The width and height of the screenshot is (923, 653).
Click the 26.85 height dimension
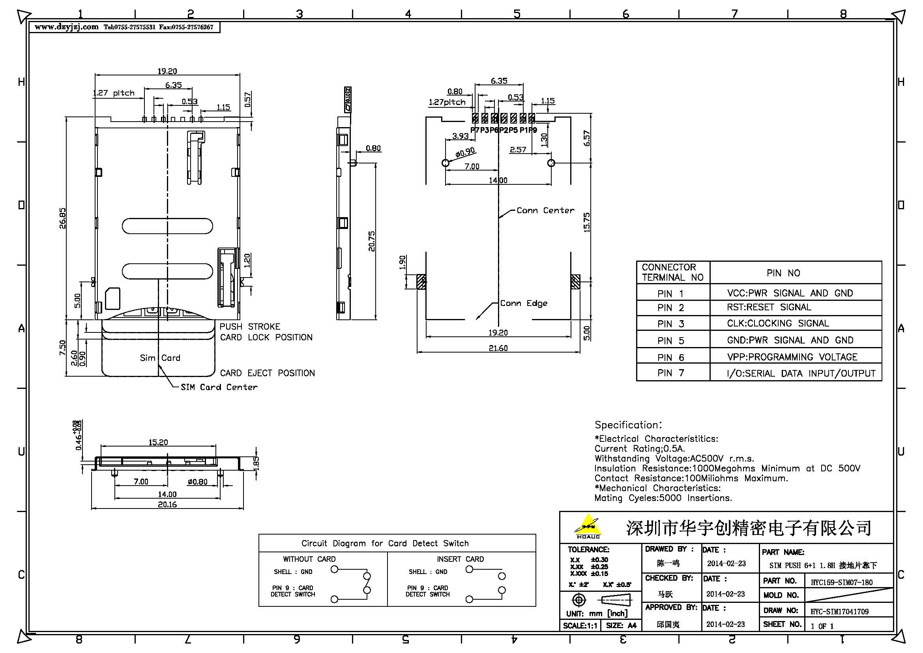[62, 218]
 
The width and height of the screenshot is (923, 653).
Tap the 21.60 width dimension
[498, 348]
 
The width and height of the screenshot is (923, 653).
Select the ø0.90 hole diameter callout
[465, 153]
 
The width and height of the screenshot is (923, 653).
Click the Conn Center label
[545, 210]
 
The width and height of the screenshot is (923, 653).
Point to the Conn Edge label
[523, 303]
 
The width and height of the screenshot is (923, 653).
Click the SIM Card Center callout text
[219, 387]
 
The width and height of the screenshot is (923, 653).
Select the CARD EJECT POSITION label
[267, 373]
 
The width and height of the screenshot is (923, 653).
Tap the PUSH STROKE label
[250, 326]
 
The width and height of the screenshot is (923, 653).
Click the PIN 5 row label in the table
[670, 341]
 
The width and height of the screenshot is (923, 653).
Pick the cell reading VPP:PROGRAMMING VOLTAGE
[792, 357]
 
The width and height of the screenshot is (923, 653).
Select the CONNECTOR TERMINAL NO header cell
[672, 272]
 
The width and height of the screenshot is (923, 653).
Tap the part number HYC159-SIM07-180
[841, 582]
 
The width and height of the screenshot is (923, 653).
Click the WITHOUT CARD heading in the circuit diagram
[309, 559]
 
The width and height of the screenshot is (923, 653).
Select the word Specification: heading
[628, 425]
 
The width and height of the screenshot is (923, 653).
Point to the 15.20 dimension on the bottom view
[158, 442]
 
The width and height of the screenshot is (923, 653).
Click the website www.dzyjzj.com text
[66, 27]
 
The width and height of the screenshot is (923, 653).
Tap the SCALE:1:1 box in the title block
[580, 626]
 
